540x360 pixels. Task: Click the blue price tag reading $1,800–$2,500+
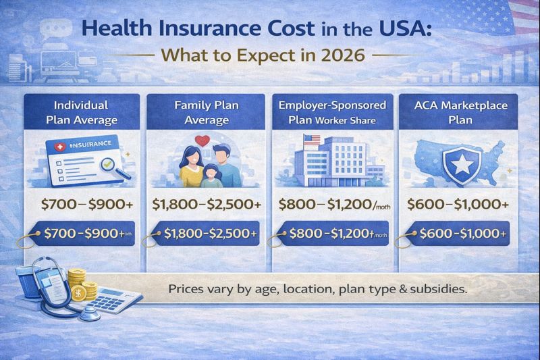pos(207,233)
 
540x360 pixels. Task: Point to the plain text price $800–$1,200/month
pos(333,203)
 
